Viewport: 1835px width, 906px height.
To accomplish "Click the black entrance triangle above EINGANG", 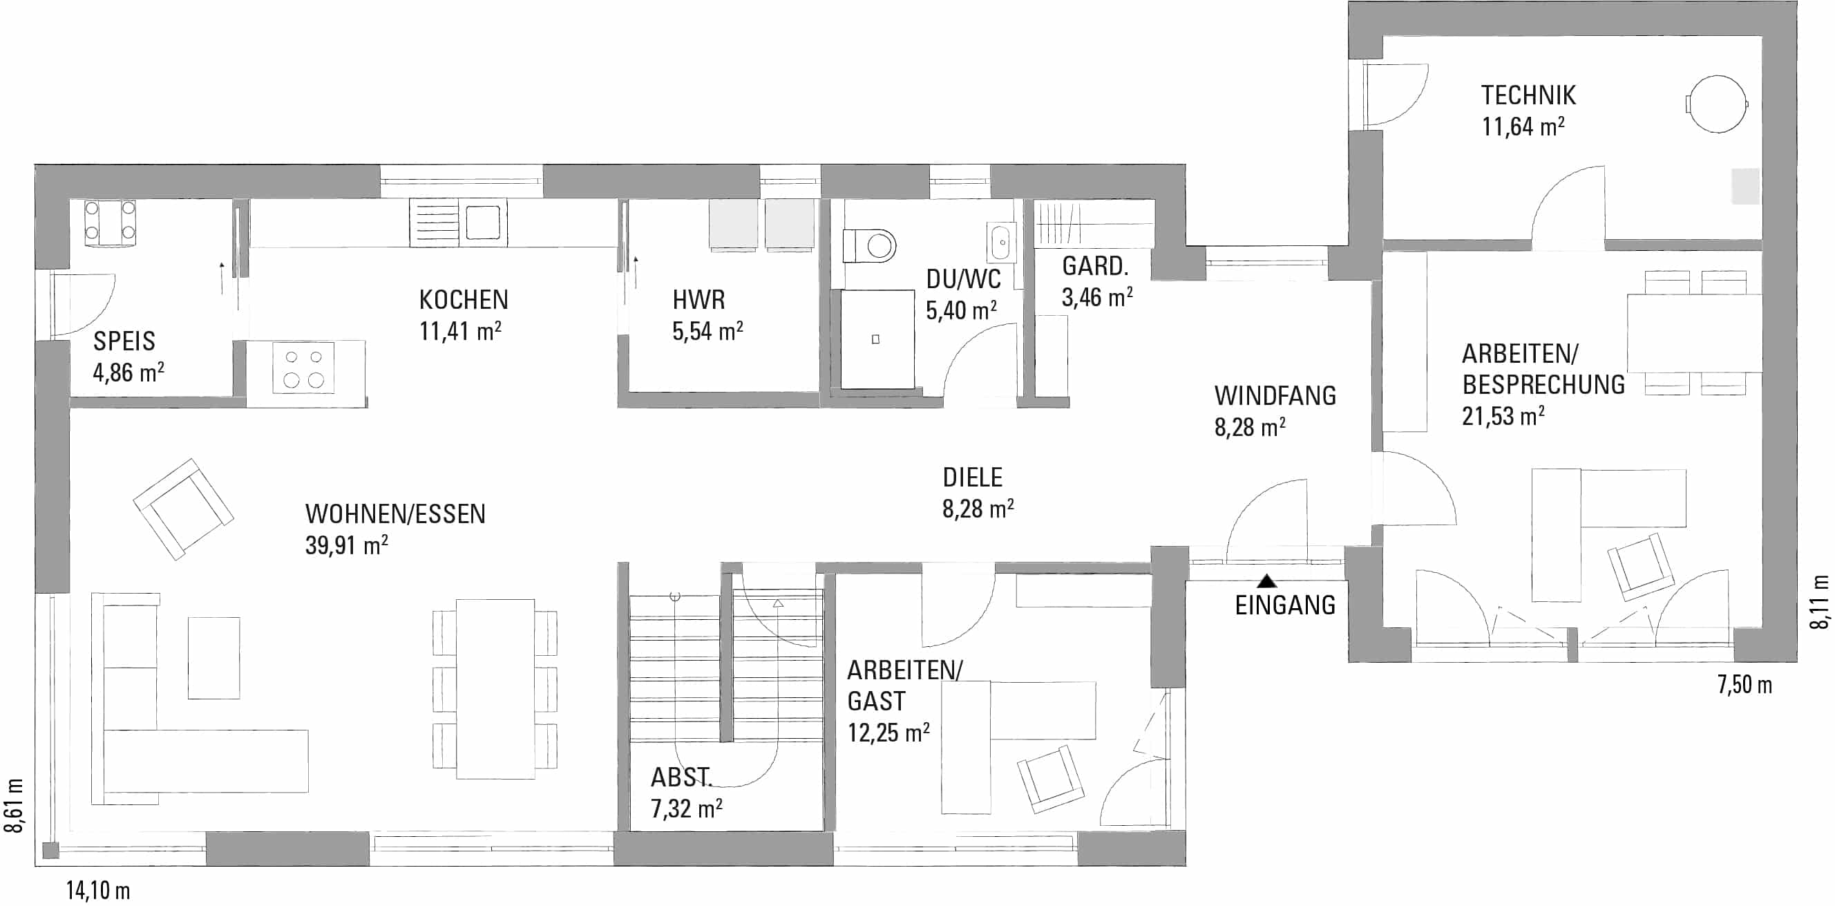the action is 1266,581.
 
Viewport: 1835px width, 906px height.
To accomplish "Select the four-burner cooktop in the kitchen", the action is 303,368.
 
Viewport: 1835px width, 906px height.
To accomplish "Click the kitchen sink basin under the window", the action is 482,223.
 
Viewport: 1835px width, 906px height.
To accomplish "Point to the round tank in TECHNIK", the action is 1718,104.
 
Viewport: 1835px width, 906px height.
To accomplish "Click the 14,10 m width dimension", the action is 98,890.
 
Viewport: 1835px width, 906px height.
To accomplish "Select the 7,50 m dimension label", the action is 1744,684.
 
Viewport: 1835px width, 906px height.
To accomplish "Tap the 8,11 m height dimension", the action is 1819,602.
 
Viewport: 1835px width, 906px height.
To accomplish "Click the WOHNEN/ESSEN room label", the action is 395,513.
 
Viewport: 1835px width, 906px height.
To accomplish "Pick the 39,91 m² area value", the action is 347,545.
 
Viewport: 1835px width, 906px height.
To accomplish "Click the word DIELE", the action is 972,478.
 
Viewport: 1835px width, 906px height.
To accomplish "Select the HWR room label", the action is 698,300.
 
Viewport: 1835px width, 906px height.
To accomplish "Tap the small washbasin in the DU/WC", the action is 1001,242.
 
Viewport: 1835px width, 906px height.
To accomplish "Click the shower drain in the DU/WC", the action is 875,339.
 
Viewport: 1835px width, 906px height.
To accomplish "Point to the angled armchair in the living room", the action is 183,509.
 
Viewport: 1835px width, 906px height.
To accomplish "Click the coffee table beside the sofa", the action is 213,658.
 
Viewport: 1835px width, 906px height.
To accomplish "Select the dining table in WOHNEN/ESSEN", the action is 495,689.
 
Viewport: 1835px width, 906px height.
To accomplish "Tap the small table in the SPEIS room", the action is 110,223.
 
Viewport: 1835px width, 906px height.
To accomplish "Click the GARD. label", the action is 1096,266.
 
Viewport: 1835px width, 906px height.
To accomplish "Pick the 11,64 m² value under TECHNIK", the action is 1523,126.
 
